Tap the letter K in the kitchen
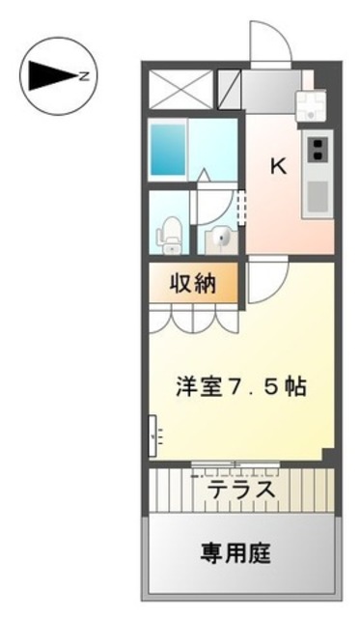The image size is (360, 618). click(277, 166)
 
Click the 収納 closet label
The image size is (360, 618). click(192, 284)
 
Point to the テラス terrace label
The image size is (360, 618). click(241, 491)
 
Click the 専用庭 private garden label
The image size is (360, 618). click(235, 553)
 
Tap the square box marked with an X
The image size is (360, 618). click(180, 92)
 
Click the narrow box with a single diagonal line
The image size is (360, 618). click(228, 92)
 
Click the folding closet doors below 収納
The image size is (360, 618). click(193, 319)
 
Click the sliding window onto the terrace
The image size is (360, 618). click(236, 464)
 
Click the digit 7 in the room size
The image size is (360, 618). click(232, 386)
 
